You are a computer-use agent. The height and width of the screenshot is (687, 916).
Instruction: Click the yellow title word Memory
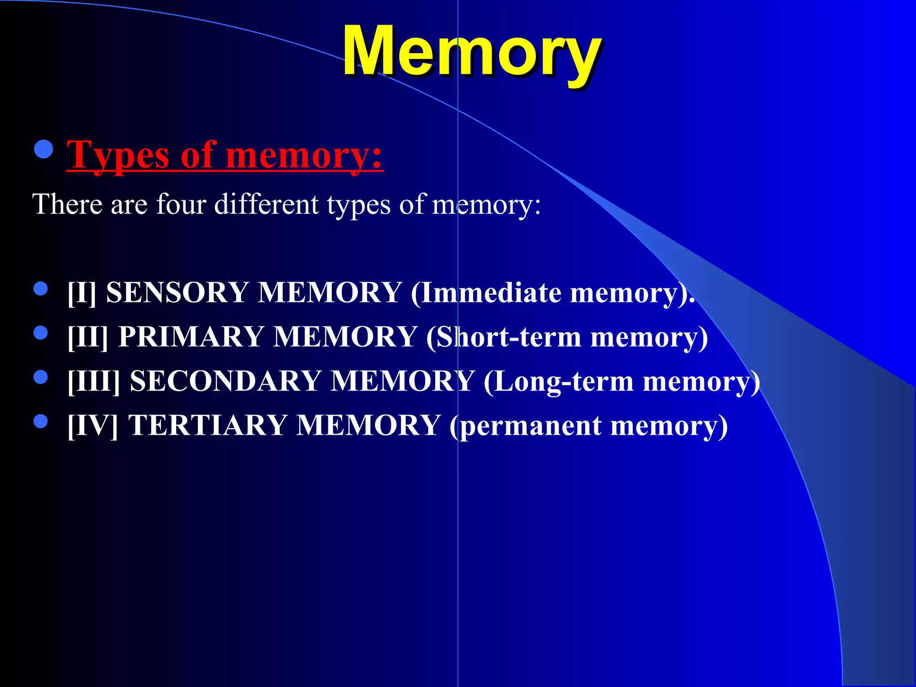471,51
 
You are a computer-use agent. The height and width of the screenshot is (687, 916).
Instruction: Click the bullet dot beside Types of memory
43,150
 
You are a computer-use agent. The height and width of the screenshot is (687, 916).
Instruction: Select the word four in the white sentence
181,204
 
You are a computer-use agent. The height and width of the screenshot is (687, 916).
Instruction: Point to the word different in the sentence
267,204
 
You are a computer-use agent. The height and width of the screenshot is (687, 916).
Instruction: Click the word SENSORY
177,293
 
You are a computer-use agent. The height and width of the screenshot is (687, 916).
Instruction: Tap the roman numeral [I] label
82,293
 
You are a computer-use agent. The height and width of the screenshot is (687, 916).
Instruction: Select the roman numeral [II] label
88,336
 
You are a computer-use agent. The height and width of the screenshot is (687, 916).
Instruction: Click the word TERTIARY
208,425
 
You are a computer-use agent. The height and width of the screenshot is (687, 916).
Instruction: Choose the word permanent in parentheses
531,426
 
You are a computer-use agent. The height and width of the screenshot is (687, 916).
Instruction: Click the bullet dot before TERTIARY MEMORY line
41,421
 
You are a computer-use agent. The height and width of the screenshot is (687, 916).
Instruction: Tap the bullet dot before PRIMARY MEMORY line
41,333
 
